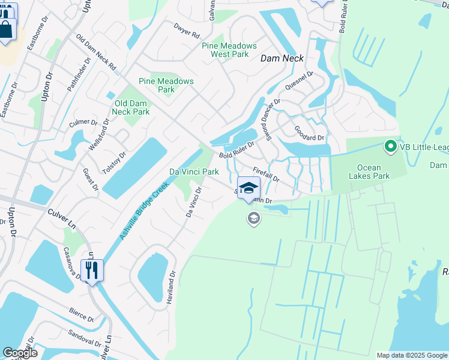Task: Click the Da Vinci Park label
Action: click(x=193, y=172)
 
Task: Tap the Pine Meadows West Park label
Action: click(x=229, y=50)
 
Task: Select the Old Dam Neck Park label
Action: click(x=131, y=107)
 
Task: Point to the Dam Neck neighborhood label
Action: click(x=282, y=58)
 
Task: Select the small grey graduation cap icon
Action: click(x=254, y=218)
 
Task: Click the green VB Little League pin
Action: click(x=390, y=146)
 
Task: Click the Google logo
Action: click(x=20, y=353)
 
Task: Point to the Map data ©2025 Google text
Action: click(x=411, y=355)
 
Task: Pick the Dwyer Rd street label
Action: click(x=186, y=31)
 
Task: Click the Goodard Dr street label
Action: click(x=309, y=133)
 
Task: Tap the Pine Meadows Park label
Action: click(x=166, y=85)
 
